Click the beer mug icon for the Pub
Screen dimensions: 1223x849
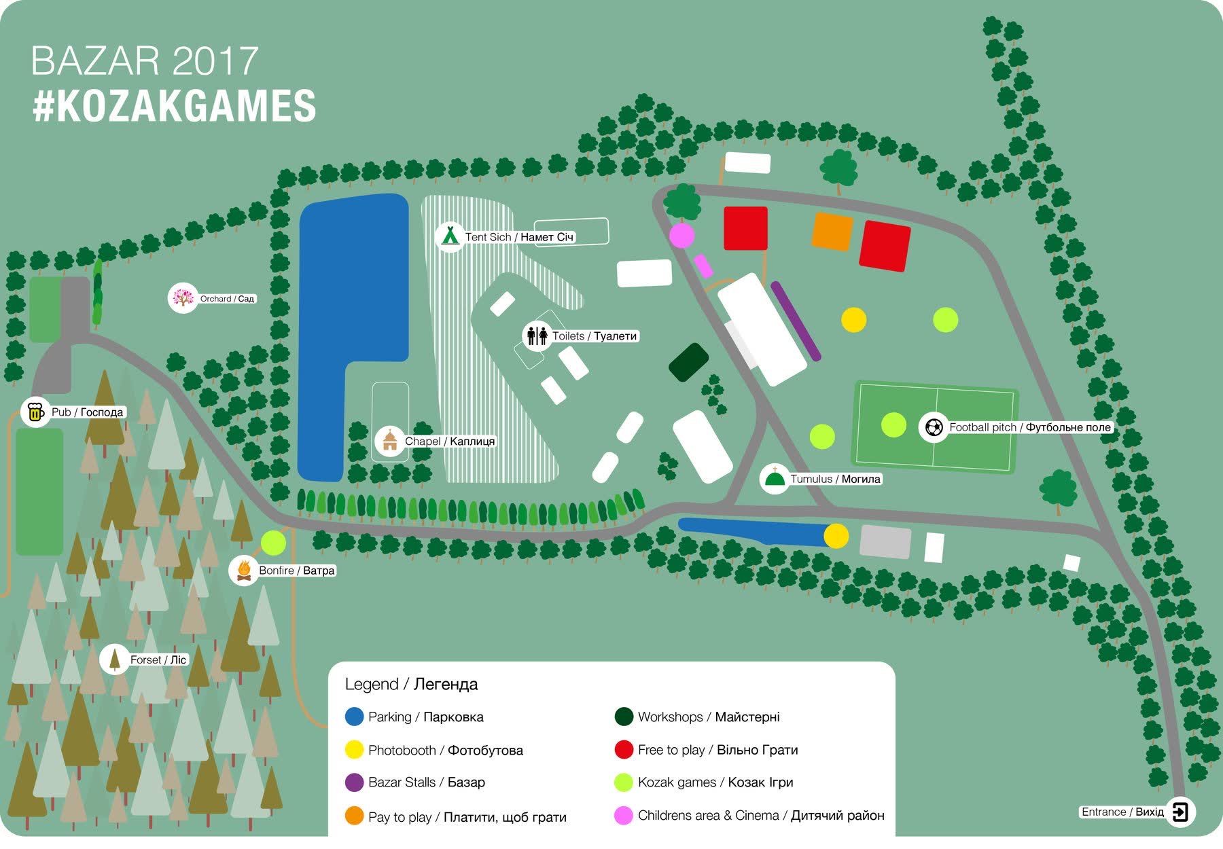click(x=35, y=412)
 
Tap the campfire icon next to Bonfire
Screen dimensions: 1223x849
click(x=243, y=570)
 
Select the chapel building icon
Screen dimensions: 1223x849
click(x=389, y=441)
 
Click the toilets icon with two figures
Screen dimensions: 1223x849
click(x=537, y=336)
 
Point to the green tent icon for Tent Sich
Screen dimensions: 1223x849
click(x=449, y=236)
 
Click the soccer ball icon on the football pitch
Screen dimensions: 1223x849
click(x=934, y=427)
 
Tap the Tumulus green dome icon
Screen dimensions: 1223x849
click(x=774, y=479)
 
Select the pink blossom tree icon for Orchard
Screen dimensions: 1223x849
click(x=182, y=298)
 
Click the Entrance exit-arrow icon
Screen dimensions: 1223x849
click(x=1181, y=812)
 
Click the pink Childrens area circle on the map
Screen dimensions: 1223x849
click(x=681, y=236)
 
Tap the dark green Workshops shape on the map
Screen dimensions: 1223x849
click(x=689, y=363)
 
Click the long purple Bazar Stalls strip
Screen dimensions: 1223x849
click(x=796, y=321)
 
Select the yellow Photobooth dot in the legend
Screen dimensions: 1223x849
click(x=354, y=750)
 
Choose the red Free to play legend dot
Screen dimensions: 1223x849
click(x=624, y=749)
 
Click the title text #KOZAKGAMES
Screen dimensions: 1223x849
click(x=175, y=106)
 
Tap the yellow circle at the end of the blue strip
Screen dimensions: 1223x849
click(x=836, y=536)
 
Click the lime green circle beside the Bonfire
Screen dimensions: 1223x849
click(x=273, y=543)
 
